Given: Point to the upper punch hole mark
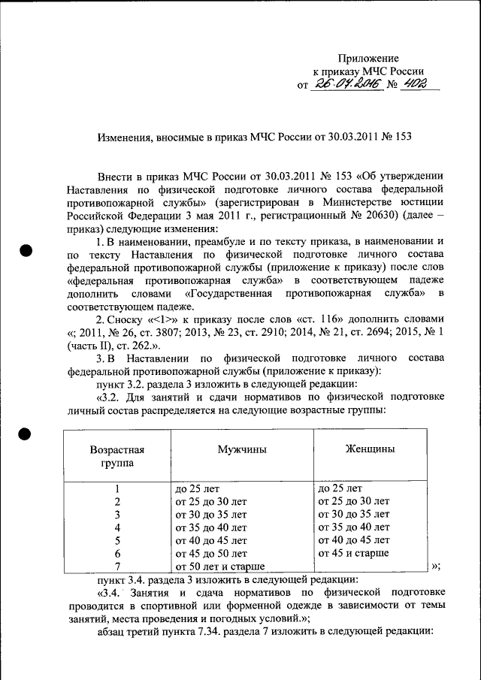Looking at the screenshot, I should pyautogui.click(x=26, y=250).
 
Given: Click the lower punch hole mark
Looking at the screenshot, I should pyautogui.click(x=26, y=434).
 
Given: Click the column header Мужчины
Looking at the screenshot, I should pyautogui.click(x=241, y=449).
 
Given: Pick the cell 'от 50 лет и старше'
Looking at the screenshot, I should pyautogui.click(x=221, y=567).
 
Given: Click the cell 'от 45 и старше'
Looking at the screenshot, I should pyautogui.click(x=353, y=553).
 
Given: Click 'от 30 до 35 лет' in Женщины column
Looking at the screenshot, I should pyautogui.click(x=354, y=514).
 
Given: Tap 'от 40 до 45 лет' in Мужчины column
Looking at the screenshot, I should pyautogui.click(x=211, y=540).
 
